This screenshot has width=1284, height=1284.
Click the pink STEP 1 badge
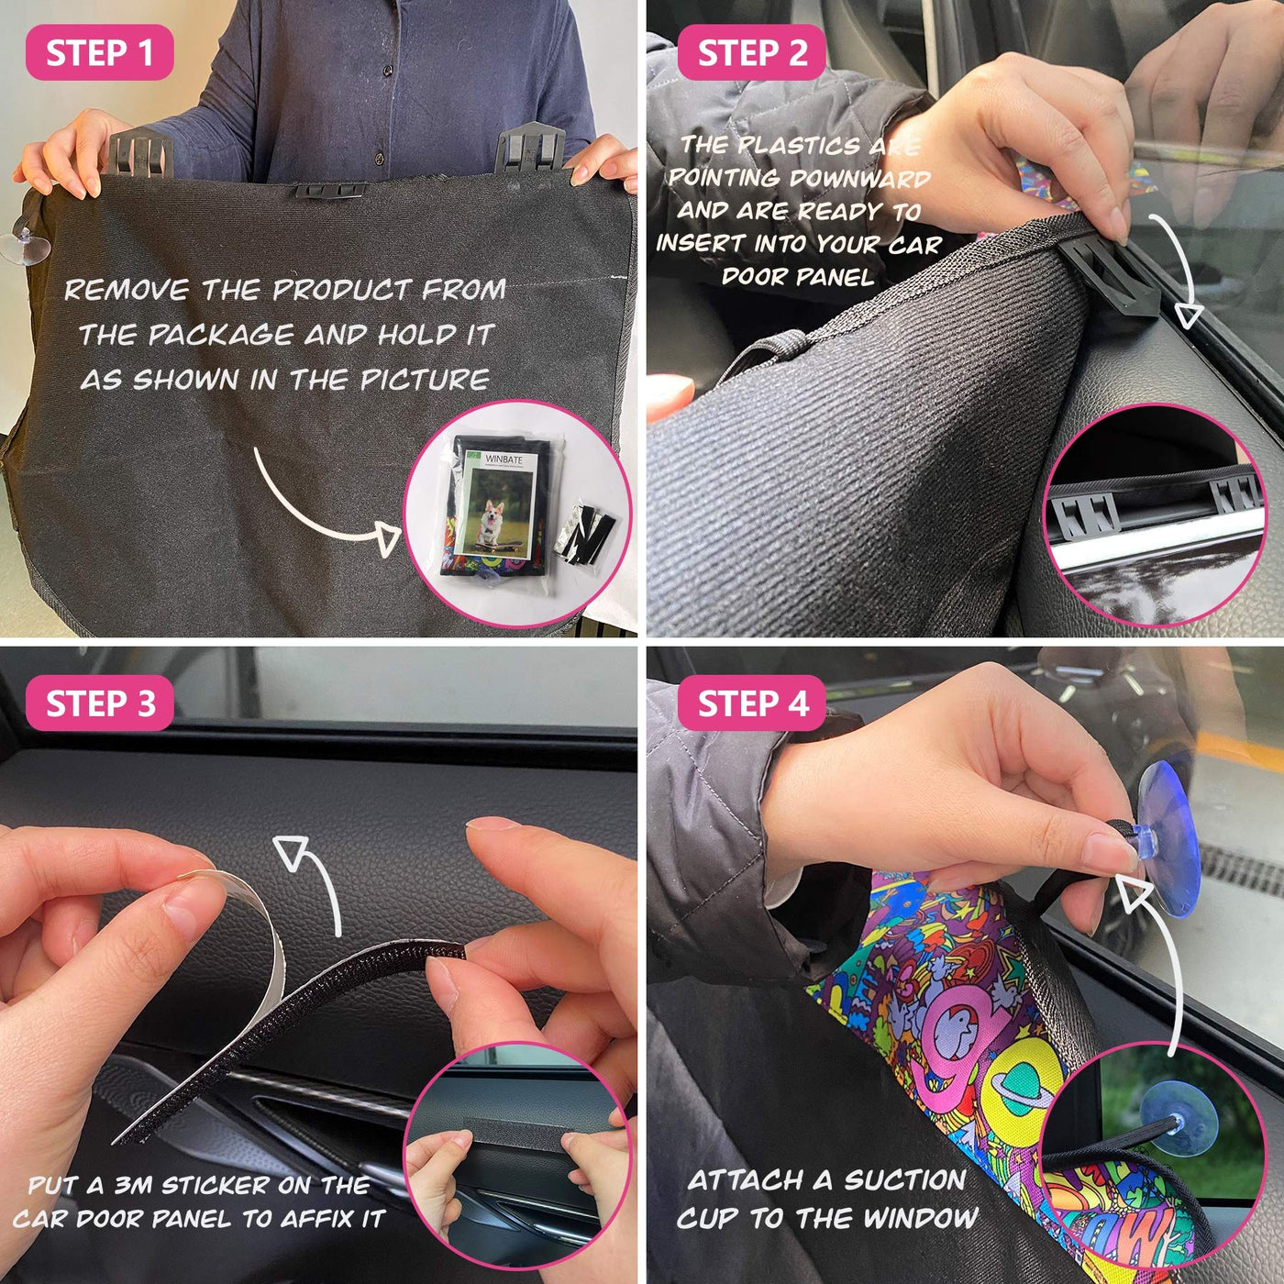100,52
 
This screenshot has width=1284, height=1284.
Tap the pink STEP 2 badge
752,52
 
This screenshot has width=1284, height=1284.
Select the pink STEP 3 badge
100,703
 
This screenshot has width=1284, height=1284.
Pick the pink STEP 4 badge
752,703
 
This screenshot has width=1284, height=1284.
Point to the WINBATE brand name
504,459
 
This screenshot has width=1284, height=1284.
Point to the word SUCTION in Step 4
905,1181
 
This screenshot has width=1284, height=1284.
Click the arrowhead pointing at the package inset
386,537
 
